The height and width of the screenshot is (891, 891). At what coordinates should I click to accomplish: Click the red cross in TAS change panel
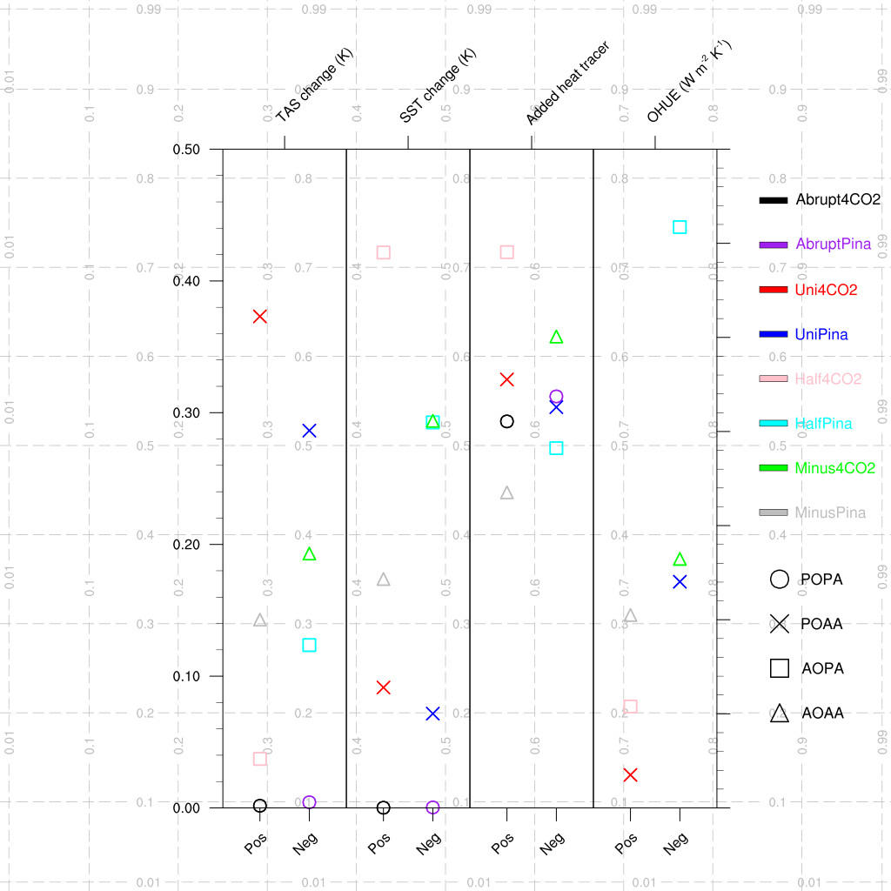[x=259, y=316]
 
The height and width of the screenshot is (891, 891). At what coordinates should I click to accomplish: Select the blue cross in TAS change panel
[x=309, y=431]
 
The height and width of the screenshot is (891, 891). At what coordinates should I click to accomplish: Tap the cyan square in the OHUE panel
[x=680, y=227]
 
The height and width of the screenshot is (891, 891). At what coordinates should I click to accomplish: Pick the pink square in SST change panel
[x=383, y=252]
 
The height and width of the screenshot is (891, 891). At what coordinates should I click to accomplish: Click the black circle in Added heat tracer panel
[x=507, y=421]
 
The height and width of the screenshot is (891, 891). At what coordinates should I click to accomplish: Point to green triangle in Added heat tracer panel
[x=557, y=337]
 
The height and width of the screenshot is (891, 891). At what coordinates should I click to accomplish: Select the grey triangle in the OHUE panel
[x=630, y=615]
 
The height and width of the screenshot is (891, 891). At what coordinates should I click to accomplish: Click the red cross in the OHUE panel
[x=630, y=774]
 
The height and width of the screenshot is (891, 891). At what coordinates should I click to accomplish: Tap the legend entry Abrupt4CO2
[x=838, y=199]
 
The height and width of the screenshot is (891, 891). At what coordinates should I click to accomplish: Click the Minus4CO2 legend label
[x=834, y=468]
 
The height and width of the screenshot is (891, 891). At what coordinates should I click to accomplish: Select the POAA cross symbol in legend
[x=780, y=623]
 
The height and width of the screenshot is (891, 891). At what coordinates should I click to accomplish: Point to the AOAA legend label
[x=822, y=713]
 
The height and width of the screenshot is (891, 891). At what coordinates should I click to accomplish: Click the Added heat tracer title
[x=567, y=84]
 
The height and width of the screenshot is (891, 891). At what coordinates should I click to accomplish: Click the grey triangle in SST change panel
[x=383, y=579]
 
